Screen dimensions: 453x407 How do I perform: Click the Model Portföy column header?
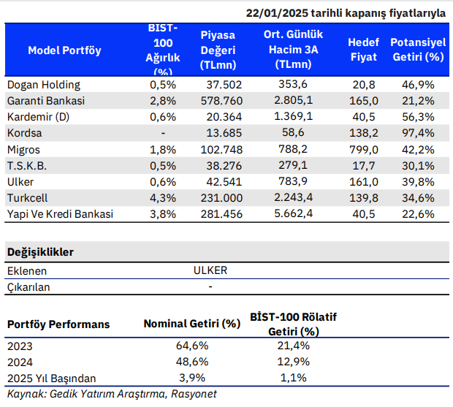pyautogui.click(x=64, y=50)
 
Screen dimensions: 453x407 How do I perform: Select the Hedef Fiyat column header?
pyautogui.click(x=363, y=50)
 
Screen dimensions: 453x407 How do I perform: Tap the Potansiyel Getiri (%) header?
pyautogui.click(x=418, y=50)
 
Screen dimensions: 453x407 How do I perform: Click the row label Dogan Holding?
pyautogui.click(x=44, y=85)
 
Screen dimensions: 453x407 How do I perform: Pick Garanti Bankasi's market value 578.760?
pyautogui.click(x=221, y=101)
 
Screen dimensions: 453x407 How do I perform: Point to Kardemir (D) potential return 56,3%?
pyautogui.click(x=418, y=117)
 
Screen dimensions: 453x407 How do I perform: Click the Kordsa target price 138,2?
pyautogui.click(x=363, y=133)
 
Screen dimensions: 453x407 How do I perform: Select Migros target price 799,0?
pyautogui.click(x=363, y=150)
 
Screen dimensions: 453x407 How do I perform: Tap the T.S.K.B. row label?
pyautogui.click(x=27, y=166)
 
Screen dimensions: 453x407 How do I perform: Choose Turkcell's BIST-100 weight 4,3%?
pyautogui.click(x=163, y=198)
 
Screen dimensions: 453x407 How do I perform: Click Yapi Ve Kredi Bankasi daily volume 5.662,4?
pyautogui.click(x=293, y=213)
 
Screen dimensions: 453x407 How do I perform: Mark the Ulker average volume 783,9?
pyautogui.click(x=293, y=181)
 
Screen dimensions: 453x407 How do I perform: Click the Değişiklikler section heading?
pyautogui.click(x=40, y=252)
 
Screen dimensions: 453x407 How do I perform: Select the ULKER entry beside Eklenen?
pyautogui.click(x=210, y=270)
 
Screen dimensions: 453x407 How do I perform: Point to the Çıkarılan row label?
pyautogui.click(x=28, y=287)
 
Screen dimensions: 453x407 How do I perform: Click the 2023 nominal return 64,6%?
pyautogui.click(x=192, y=346)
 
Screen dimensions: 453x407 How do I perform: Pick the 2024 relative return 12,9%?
pyautogui.click(x=293, y=362)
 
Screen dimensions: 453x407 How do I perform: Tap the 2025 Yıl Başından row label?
pyautogui.click(x=51, y=379)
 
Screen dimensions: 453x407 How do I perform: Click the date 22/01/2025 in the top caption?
pyautogui.click(x=277, y=13)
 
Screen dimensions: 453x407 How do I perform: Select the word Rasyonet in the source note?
pyautogui.click(x=194, y=394)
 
